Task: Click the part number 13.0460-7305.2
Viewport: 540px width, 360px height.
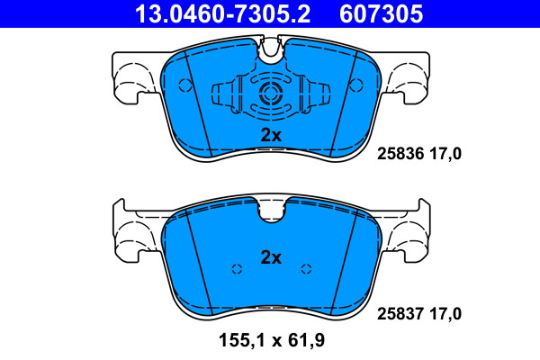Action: click(222, 13)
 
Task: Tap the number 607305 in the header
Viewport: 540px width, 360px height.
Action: click(381, 13)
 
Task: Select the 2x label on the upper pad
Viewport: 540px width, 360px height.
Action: click(271, 135)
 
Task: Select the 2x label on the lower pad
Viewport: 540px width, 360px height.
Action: click(271, 257)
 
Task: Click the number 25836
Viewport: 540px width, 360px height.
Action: click(400, 154)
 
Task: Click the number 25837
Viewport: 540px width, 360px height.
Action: click(400, 314)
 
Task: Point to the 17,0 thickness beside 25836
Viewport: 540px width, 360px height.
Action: click(445, 154)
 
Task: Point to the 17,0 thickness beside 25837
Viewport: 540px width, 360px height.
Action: click(445, 314)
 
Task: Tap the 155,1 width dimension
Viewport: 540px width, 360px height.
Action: click(241, 341)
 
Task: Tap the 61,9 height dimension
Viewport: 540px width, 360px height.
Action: click(306, 341)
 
